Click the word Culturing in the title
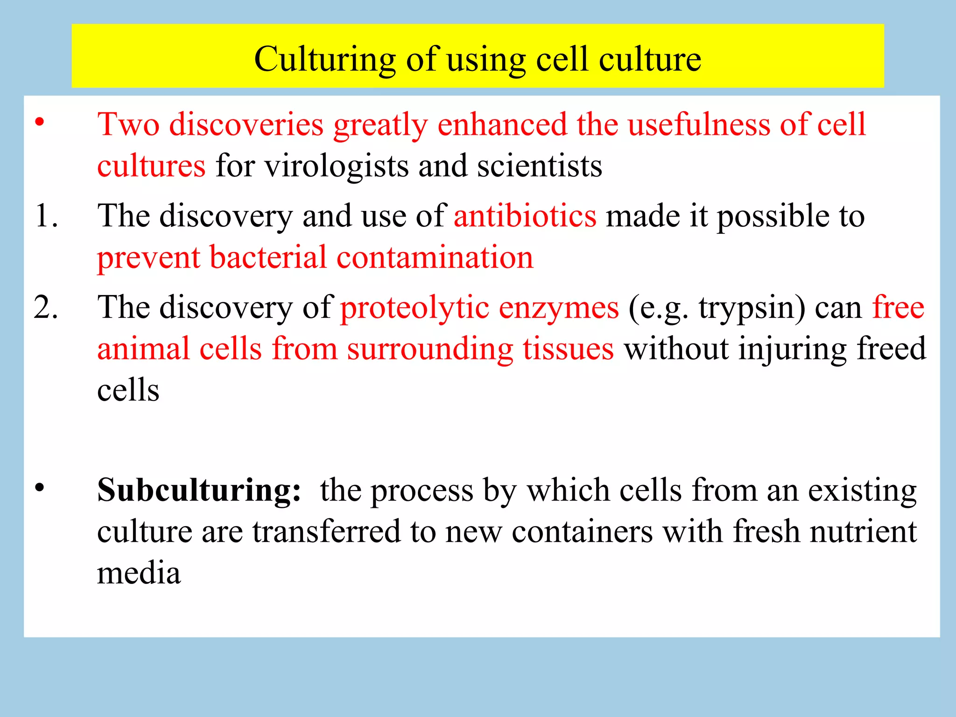(x=325, y=60)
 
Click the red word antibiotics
(x=525, y=217)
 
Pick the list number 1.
(x=46, y=217)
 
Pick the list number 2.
(x=46, y=308)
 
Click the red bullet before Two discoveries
(x=40, y=122)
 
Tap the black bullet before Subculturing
(x=40, y=488)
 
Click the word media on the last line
(x=139, y=573)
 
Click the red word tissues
(x=568, y=349)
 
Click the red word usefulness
(x=698, y=125)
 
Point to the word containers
(x=582, y=532)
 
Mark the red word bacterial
(x=268, y=258)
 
